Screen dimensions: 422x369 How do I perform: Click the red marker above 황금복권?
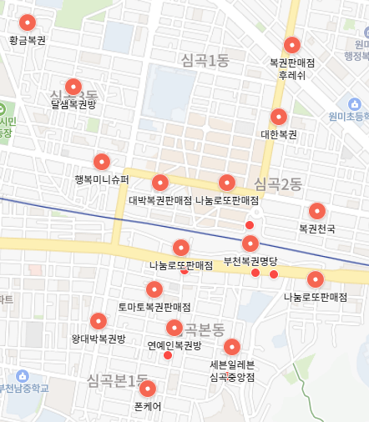pos(28,23)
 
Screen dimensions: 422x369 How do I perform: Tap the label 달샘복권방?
pos(73,106)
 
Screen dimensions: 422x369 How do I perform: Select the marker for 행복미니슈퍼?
pos(102,162)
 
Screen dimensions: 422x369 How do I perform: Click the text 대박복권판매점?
pos(161,200)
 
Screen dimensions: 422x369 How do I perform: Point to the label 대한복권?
pos(279,133)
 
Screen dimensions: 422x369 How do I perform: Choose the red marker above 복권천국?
pos(317,212)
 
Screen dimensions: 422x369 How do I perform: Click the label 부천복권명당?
pos(250,260)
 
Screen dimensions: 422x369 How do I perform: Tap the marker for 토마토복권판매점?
pos(154,289)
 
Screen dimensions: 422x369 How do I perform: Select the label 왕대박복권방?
pos(99,339)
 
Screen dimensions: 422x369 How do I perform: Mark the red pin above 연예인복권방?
pos(174,328)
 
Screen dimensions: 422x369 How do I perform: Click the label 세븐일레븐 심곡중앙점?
pos(232,370)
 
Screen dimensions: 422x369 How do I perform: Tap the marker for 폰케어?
pos(148,389)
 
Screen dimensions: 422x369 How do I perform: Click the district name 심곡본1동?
pos(117,381)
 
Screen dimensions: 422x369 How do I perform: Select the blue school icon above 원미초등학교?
pos(356,103)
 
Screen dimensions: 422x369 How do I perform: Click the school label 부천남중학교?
pos(24,388)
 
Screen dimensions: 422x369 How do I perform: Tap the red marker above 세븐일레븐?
pos(233,347)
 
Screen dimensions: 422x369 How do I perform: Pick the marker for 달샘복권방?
pos(73,87)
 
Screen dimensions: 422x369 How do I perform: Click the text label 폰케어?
pos(148,406)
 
